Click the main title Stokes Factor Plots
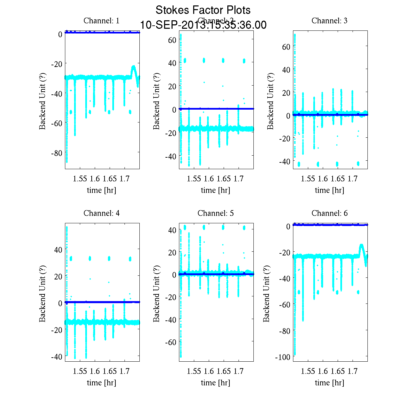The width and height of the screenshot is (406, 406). coord(203,10)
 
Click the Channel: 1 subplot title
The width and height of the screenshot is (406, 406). coord(101,21)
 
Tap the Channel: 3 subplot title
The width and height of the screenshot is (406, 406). coord(329,21)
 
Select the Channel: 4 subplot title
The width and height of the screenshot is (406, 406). coord(101,213)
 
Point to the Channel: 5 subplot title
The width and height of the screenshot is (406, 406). coord(216,213)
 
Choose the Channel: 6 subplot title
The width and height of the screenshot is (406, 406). coord(329,213)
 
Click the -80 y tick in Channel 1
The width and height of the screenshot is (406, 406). coord(56,153)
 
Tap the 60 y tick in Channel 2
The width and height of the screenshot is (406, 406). coord(172,40)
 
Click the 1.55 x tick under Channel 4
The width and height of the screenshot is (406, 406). coord(80,371)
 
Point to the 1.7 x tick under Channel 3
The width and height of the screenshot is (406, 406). coord(353,179)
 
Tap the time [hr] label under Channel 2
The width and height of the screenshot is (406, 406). coord(216,190)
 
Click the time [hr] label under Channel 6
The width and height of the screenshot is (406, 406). coord(329,383)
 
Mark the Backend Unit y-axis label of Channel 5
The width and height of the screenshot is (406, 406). coord(156,293)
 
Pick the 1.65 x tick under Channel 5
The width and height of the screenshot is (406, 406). coord(224,371)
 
